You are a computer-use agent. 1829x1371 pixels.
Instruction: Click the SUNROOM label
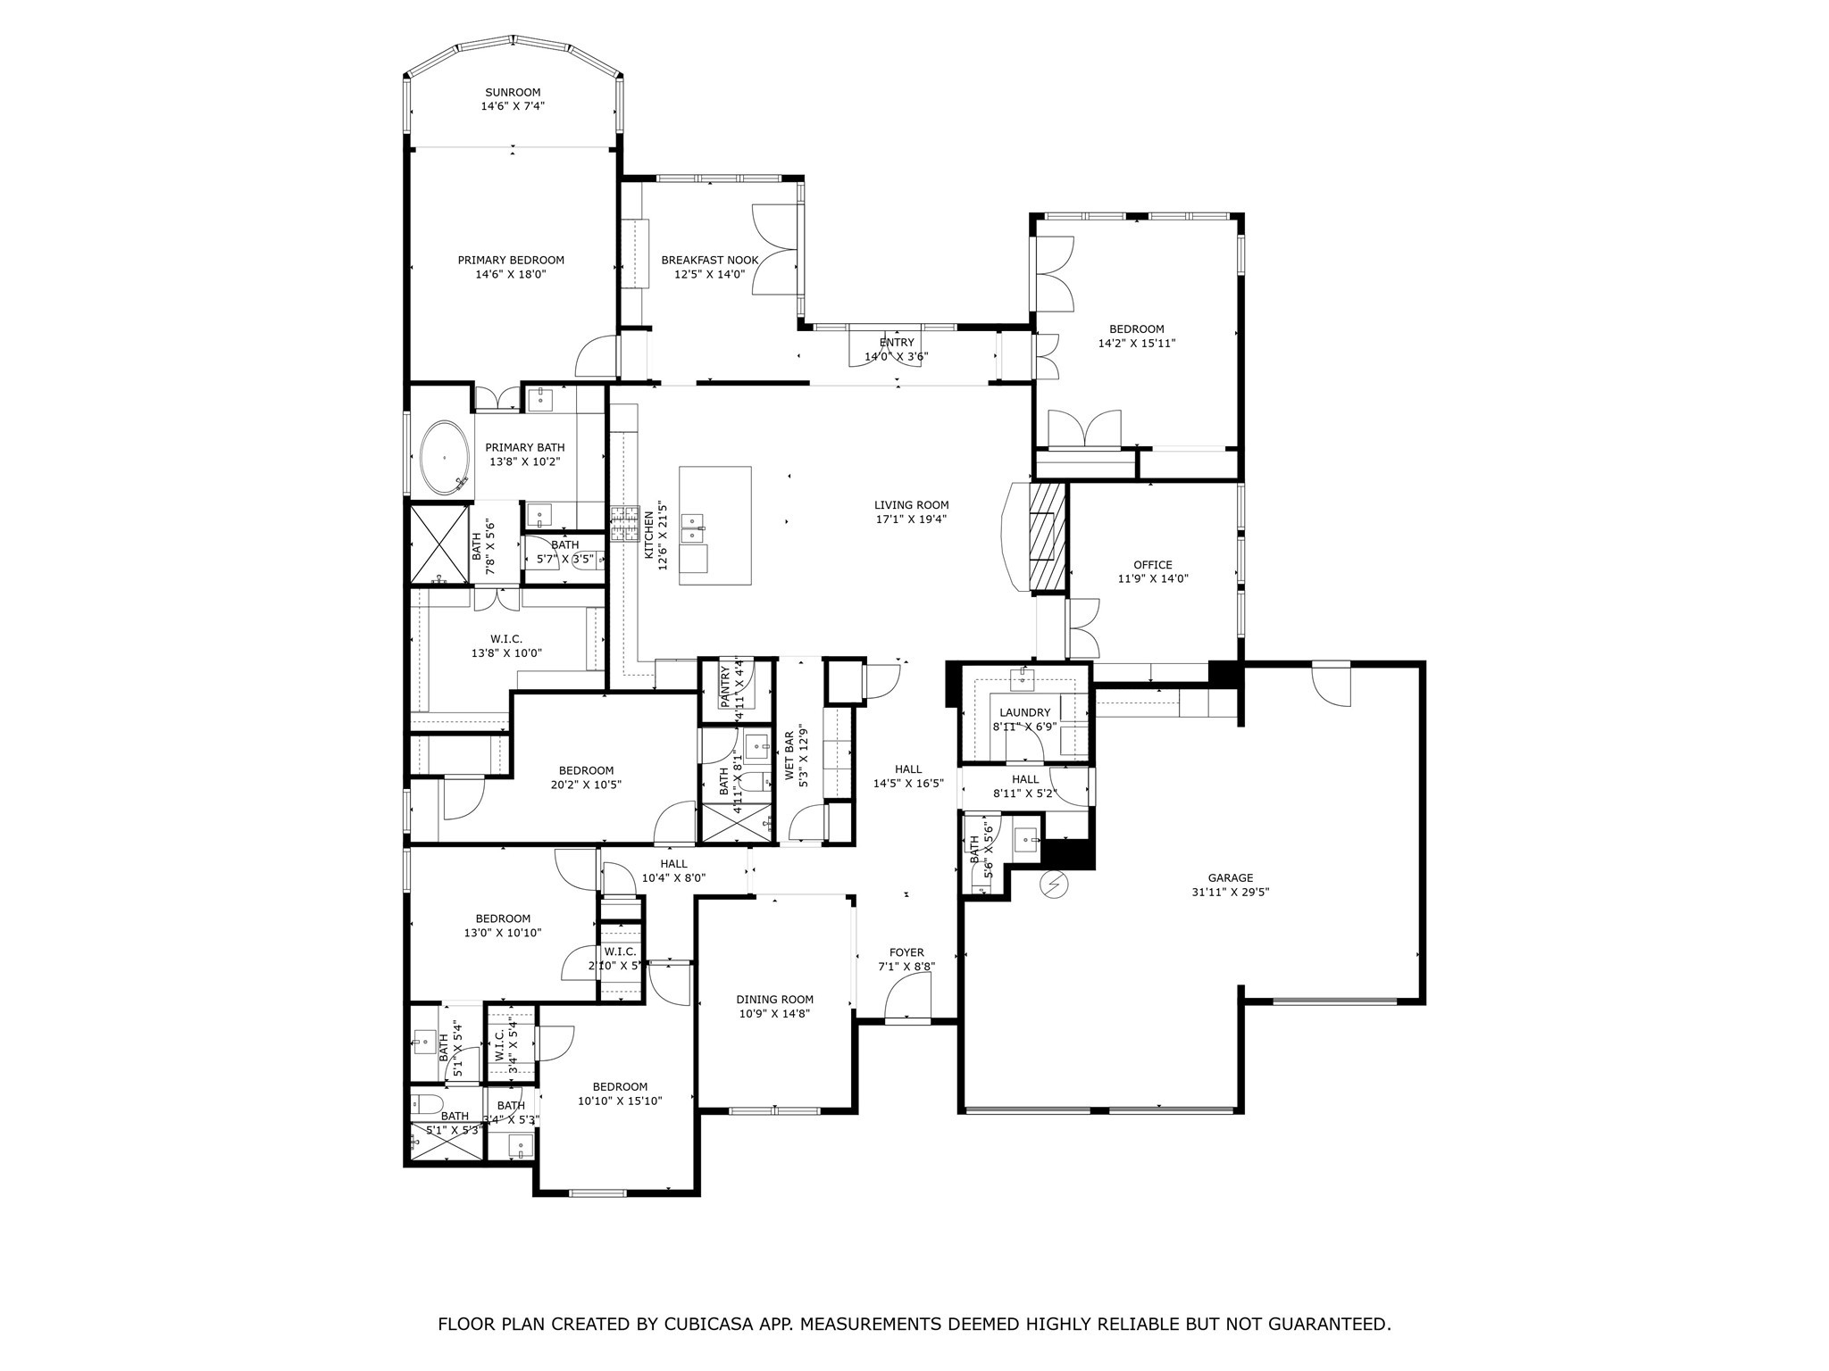(513, 92)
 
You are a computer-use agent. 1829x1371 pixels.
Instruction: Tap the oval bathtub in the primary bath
(445, 457)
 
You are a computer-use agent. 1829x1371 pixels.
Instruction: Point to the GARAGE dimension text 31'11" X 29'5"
(1231, 892)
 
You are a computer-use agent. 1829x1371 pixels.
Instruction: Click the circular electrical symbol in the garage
(1056, 885)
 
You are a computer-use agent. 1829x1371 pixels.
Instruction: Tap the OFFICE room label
(1152, 564)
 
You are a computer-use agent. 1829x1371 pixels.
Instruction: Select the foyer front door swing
(909, 995)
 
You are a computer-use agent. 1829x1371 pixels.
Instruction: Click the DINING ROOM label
(774, 1000)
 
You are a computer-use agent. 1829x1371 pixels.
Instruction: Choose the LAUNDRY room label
(1024, 712)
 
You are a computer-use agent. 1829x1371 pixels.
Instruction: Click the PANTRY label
(725, 686)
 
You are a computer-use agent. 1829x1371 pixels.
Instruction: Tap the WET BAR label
(789, 757)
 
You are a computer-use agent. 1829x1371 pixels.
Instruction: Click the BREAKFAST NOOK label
(709, 260)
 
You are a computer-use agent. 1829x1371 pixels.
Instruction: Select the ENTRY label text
(897, 342)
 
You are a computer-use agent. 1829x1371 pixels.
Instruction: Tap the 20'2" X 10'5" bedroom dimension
(587, 785)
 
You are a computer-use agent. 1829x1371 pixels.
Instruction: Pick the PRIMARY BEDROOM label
(511, 260)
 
